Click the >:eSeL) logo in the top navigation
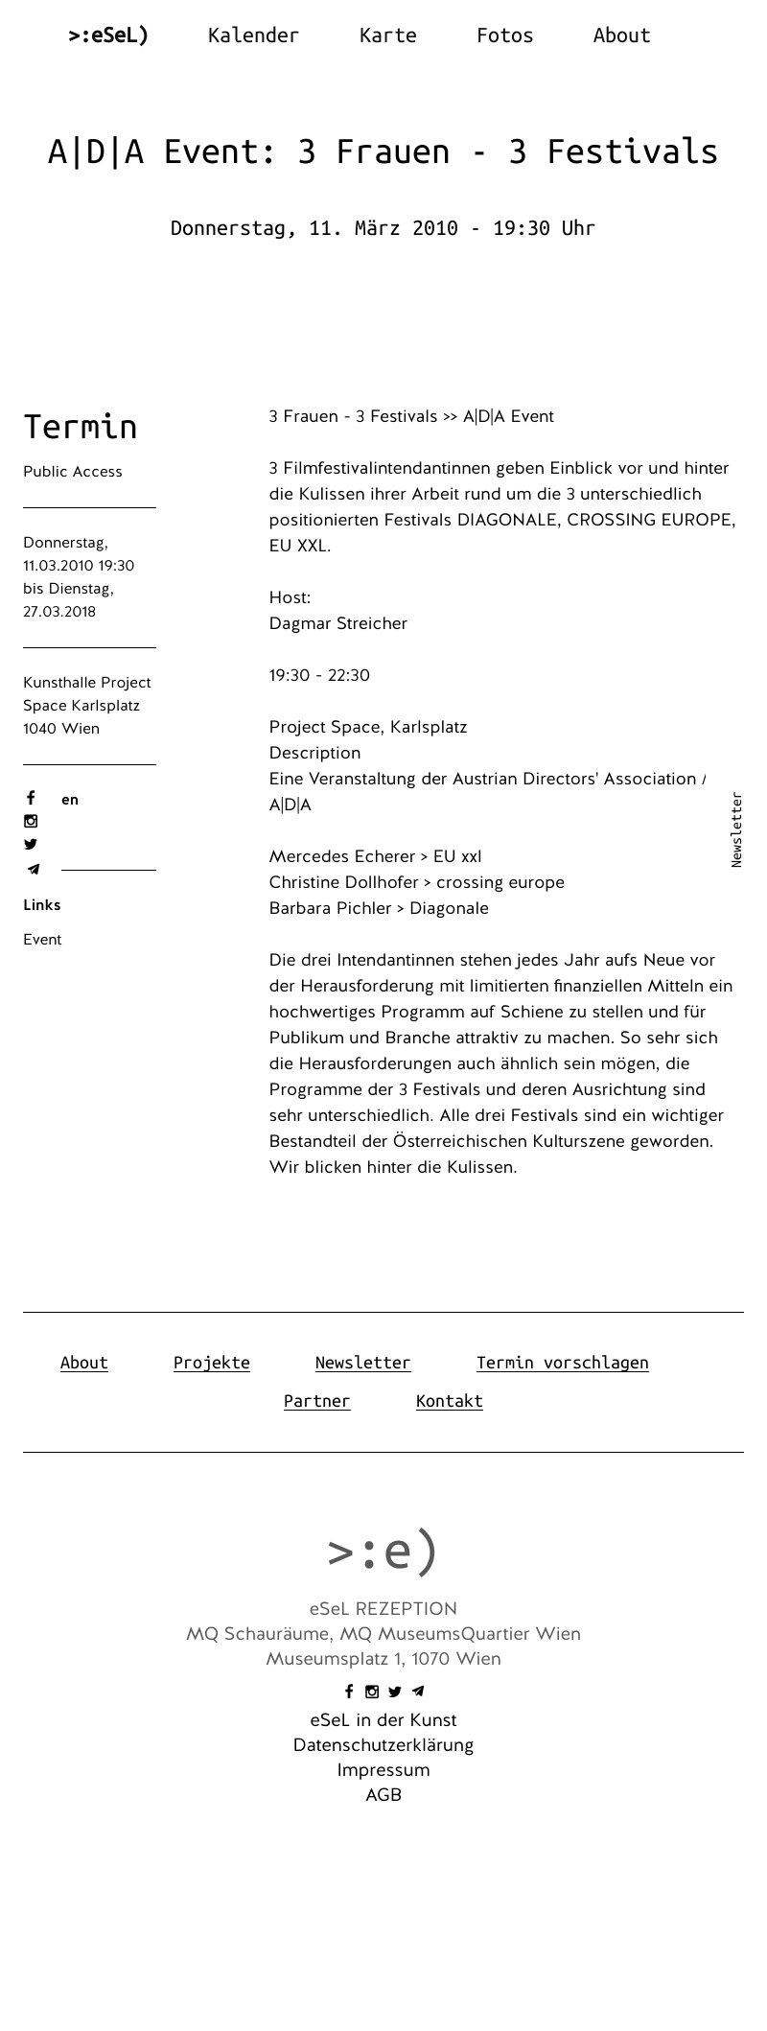click(108, 35)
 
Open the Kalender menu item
click(253, 35)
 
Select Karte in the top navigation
click(387, 35)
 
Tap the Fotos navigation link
click(504, 35)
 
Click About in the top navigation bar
click(621, 35)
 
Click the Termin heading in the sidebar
click(81, 427)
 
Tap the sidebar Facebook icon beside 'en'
click(31, 798)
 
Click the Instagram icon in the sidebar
click(31, 821)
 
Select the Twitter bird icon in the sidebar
click(31, 844)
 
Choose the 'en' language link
click(70, 800)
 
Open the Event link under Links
click(42, 940)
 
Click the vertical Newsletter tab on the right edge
click(736, 829)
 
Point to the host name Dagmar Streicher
click(338, 623)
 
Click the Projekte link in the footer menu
click(212, 1363)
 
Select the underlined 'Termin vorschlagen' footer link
click(562, 1363)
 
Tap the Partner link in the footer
click(317, 1401)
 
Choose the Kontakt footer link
click(450, 1401)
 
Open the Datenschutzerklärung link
click(383, 1745)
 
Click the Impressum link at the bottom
click(383, 1770)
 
